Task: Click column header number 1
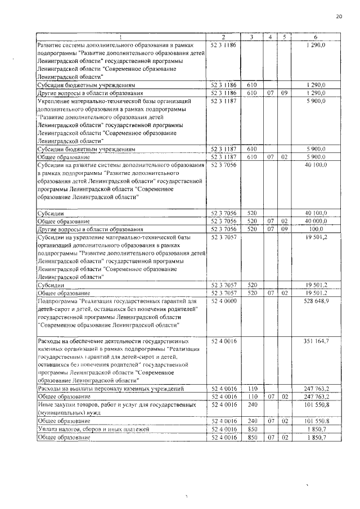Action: tap(121, 37)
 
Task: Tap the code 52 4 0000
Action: tap(223, 301)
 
